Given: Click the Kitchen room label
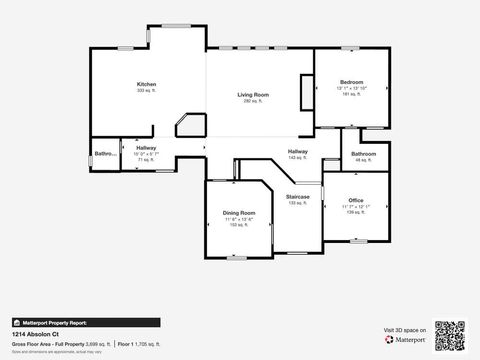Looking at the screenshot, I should [x=147, y=84].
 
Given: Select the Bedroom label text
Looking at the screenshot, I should [x=351, y=82].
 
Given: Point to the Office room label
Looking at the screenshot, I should [x=356, y=201].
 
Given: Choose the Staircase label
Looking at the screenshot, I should [x=298, y=197].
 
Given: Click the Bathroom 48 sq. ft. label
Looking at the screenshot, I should [x=363, y=154].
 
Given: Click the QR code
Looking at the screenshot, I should [x=451, y=334].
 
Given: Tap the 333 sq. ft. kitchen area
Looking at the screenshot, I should [x=147, y=91].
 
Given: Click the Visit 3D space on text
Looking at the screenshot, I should [x=404, y=328].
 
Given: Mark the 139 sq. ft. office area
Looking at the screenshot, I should [x=356, y=212].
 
